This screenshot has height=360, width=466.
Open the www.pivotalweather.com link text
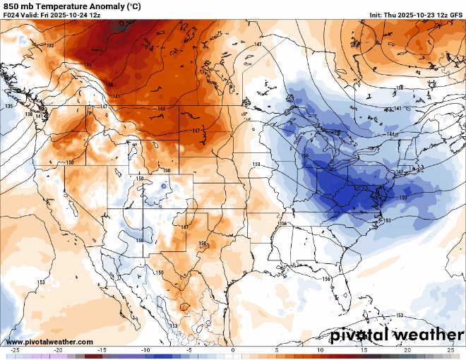49,342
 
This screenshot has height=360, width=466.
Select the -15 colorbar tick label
102,350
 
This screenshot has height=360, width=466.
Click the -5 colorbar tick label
189,350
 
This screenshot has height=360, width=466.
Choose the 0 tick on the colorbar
233,350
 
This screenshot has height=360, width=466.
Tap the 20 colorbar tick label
407,350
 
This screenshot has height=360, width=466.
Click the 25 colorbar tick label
450,350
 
